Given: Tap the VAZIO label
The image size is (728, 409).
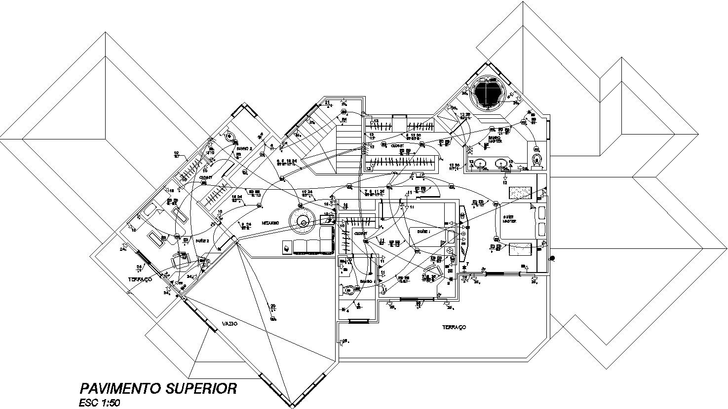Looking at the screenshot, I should point(229,324).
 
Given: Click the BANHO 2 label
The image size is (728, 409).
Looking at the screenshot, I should point(244,148).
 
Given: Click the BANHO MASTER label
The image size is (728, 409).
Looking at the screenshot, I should point(495,140).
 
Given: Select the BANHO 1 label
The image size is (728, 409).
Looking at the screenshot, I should point(366,281).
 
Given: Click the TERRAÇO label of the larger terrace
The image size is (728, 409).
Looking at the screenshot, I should point(454,327).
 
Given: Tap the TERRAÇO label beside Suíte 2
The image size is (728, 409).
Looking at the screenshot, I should point(140,279).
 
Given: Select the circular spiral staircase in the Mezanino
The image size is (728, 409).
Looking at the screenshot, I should point(303,222).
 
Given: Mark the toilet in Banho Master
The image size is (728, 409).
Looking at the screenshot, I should point(537,160).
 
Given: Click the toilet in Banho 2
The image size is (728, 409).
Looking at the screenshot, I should point(229,137).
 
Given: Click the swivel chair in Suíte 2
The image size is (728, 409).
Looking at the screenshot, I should point(179,259).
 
